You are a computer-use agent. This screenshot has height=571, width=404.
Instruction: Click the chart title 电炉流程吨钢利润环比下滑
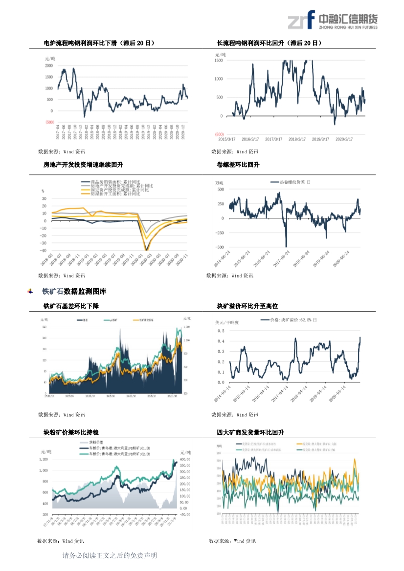tap(99, 43)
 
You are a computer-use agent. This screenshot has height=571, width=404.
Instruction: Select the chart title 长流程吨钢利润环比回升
tap(269, 43)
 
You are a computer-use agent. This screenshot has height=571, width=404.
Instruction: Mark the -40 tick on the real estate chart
tap(44, 250)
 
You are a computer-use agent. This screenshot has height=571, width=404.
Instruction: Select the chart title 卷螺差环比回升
tap(238, 165)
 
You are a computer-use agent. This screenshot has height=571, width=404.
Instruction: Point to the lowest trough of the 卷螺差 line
tap(286, 246)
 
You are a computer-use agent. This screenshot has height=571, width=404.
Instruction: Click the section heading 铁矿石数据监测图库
tap(74, 292)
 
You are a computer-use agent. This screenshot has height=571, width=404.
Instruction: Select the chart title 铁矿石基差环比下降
tap(71, 306)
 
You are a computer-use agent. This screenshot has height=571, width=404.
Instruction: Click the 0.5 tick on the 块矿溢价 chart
tap(221, 331)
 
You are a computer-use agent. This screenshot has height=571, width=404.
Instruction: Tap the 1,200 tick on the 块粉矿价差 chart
tap(44, 460)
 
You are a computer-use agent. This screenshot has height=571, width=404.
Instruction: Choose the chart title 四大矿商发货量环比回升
tap(250, 433)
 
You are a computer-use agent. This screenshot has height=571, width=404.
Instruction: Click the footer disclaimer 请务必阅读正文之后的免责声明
tap(110, 556)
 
